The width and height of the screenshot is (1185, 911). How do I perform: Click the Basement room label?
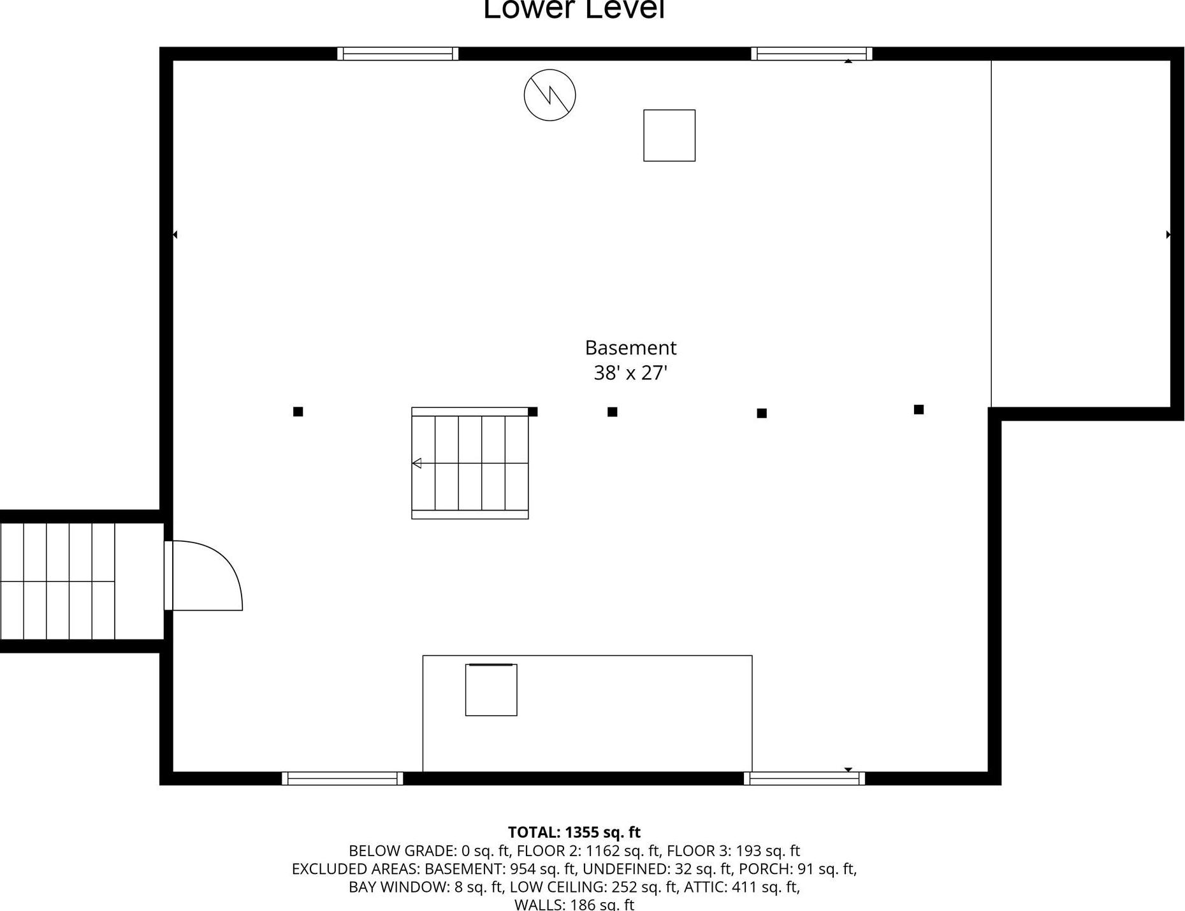tap(630, 348)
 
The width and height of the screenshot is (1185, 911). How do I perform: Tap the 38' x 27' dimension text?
tap(630, 373)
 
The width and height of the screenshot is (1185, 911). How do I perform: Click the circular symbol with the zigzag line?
tap(549, 95)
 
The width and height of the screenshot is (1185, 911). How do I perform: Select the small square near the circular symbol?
tap(669, 135)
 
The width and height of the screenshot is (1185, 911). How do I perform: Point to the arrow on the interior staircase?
tap(417, 463)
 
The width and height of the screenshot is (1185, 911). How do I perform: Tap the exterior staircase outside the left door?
tap(57, 581)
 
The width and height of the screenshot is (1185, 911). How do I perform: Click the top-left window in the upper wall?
tap(398, 54)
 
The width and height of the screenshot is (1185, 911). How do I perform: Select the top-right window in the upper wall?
tap(811, 54)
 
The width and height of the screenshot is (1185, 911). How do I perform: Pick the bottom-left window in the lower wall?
tap(342, 778)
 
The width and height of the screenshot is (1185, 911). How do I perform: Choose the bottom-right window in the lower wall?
tap(804, 778)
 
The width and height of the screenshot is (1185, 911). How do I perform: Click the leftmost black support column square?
tap(298, 412)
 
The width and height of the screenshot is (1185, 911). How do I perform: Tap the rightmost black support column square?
tap(919, 409)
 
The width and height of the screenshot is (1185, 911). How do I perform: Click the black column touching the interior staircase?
tap(534, 412)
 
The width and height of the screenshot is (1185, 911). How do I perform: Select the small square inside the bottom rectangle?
tap(491, 690)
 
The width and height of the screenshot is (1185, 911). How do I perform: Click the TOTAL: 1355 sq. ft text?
tap(574, 833)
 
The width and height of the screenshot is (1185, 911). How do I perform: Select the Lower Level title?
tap(574, 9)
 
